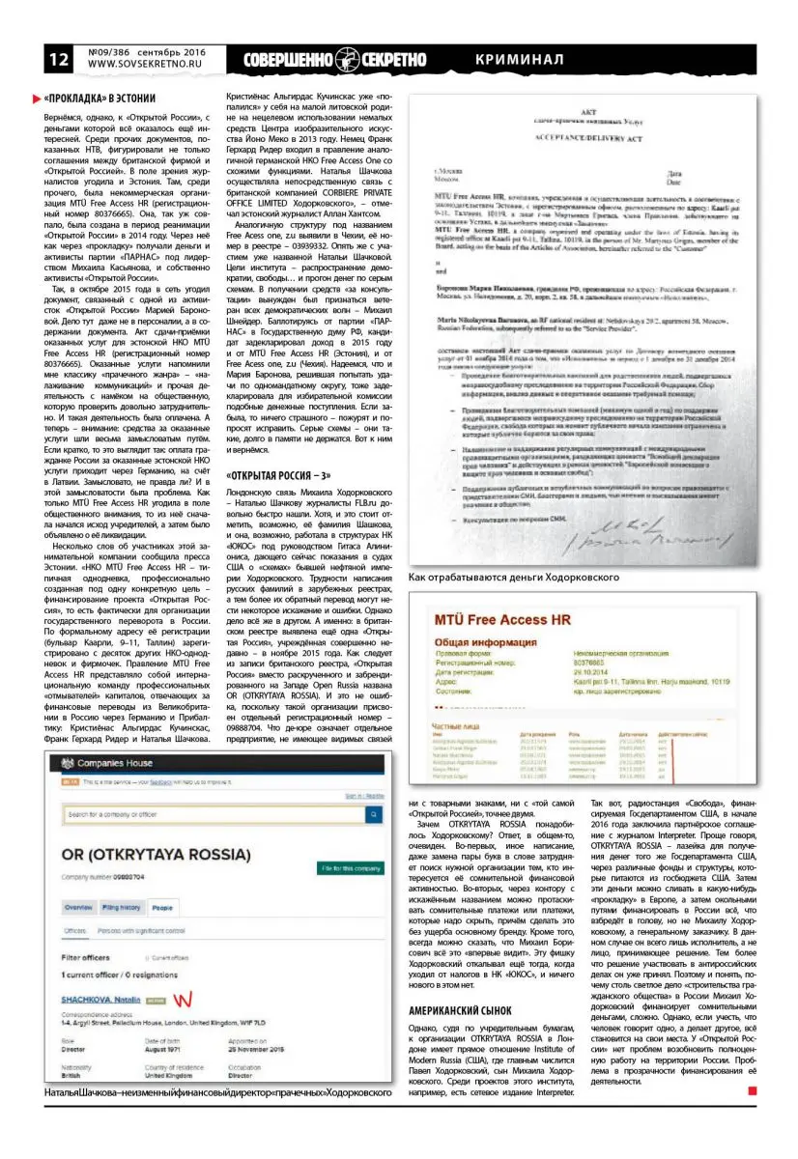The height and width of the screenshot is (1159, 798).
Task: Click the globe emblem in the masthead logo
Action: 346,58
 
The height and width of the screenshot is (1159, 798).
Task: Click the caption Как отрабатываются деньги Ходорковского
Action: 514,577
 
